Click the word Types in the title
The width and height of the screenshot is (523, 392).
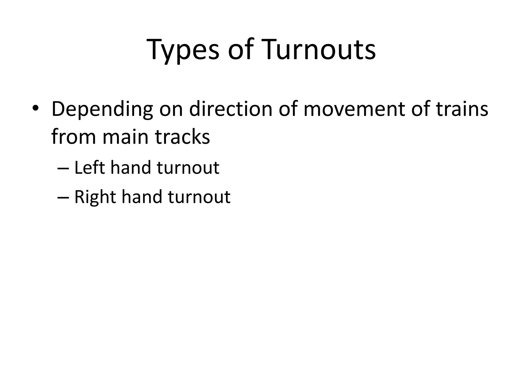click(183, 50)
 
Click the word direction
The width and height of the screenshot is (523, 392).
click(231, 109)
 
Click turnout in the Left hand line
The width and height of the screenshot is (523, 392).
click(188, 168)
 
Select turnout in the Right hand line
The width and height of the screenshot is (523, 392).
click(199, 197)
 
